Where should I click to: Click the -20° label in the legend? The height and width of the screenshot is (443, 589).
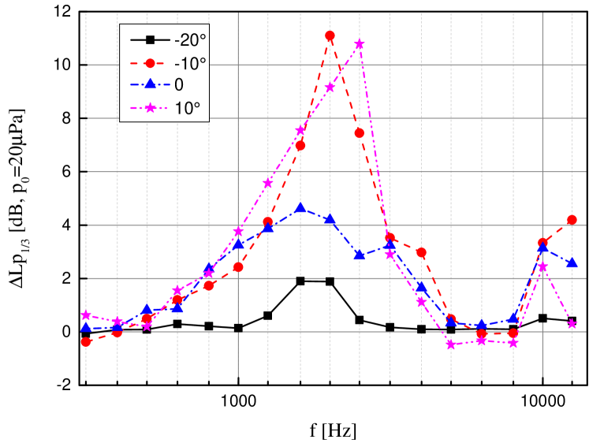[190, 39]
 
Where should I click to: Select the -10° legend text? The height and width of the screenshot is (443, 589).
[190, 62]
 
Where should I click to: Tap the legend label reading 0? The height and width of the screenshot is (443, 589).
[179, 85]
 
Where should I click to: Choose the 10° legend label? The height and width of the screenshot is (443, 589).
[188, 108]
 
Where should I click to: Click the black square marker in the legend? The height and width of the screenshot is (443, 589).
[150, 39]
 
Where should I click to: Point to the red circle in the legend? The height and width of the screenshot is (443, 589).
[150, 62]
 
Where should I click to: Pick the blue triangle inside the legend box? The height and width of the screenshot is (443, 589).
[150, 84]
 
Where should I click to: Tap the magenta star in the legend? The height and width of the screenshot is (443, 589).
[150, 108]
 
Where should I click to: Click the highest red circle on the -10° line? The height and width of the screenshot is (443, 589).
[330, 35]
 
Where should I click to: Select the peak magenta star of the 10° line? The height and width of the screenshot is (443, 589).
[360, 44]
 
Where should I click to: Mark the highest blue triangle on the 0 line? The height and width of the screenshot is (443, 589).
[300, 207]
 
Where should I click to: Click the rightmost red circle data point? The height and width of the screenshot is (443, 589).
[572, 220]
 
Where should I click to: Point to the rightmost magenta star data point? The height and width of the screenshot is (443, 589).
[572, 324]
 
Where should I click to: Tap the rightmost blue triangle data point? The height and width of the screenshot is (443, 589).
[572, 262]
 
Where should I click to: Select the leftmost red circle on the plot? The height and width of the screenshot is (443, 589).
[86, 342]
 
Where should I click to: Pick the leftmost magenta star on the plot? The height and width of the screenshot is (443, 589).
[86, 315]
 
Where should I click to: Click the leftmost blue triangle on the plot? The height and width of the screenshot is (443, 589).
[86, 327]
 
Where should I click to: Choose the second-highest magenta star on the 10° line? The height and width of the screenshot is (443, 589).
[330, 87]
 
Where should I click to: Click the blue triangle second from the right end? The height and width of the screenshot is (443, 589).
[542, 248]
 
